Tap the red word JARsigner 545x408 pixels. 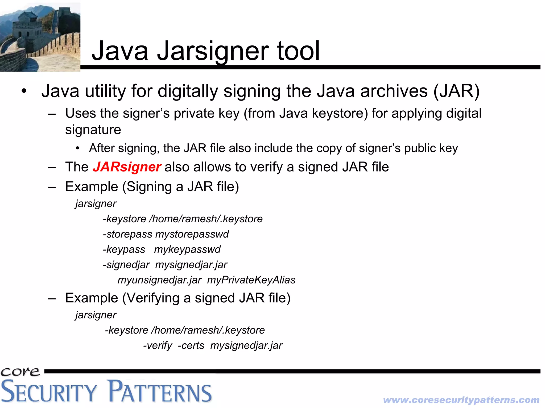tap(127, 167)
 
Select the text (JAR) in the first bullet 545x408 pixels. tap(456, 91)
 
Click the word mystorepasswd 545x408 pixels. tap(192, 234)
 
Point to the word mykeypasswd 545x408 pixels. tap(187, 249)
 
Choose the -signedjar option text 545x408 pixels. tap(126, 265)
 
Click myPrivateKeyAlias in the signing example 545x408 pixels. tap(251, 280)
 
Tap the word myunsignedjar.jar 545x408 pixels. tap(159, 280)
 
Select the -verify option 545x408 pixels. tap(158, 345)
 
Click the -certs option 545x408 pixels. tap(191, 345)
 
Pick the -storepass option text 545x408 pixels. tap(127, 234)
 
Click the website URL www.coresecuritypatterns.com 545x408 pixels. tap(461, 400)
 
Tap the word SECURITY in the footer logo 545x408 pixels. tap(48, 392)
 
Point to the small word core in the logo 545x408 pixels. tap(20, 371)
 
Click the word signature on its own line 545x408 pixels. tap(93, 130)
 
